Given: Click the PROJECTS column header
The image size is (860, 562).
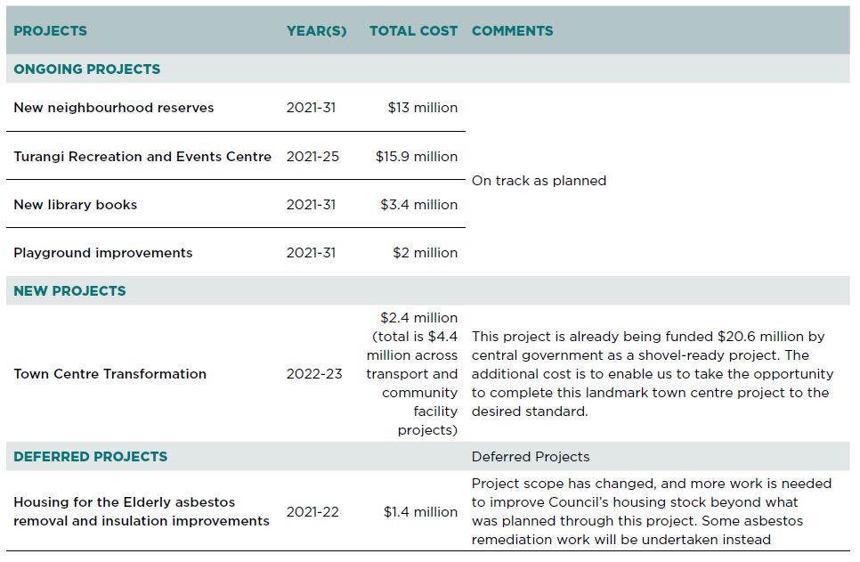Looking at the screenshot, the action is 50,31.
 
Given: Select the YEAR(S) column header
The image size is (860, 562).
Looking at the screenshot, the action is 316,31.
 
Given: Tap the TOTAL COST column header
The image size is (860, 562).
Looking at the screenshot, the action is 413,31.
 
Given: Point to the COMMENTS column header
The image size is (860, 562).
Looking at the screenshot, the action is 512,31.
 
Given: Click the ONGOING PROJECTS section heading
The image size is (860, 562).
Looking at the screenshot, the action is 86,69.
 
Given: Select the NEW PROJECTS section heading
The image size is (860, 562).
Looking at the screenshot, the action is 69,291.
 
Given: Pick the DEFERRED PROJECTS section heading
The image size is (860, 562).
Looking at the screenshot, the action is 91,457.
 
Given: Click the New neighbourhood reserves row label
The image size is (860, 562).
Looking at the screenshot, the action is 114,108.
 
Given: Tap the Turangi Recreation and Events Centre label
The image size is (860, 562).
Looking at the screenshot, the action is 142,157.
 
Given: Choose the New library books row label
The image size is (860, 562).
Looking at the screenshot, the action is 75,205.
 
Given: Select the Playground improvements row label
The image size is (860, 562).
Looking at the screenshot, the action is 103,253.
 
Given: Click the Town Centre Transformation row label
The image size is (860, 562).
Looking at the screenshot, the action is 110,374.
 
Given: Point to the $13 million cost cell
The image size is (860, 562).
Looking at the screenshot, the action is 422,108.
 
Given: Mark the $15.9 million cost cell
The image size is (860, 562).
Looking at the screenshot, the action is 417,157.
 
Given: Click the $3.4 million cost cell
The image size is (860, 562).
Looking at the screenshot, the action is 418,205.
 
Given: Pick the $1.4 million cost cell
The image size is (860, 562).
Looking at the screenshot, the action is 420,512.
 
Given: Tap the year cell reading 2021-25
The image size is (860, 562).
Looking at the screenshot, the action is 312,157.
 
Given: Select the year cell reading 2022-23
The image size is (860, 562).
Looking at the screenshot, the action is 313,374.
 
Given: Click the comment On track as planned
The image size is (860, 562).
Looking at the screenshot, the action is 539,181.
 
